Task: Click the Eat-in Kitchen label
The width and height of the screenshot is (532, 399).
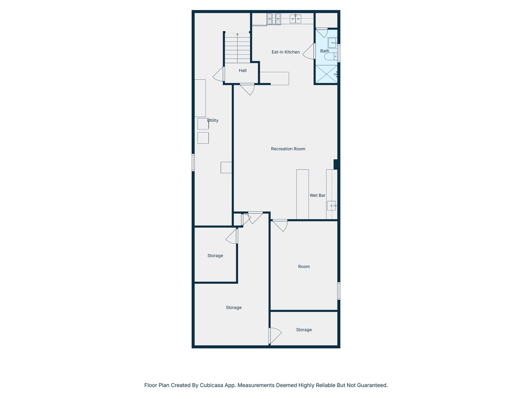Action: (x=286, y=52)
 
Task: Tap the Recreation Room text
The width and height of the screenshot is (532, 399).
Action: (x=288, y=149)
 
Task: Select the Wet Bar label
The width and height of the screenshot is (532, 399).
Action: (x=317, y=195)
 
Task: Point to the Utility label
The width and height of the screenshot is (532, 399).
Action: (x=213, y=120)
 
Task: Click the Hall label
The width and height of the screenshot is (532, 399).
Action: (x=243, y=71)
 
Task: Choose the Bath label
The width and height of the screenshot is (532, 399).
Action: (x=324, y=51)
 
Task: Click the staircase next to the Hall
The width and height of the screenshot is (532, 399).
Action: (x=238, y=48)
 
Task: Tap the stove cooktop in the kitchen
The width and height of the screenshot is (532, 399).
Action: (x=274, y=19)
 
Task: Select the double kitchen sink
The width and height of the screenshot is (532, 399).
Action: (x=295, y=19)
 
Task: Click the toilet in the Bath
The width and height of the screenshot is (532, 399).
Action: (x=330, y=57)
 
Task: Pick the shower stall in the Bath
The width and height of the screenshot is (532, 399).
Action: (x=326, y=74)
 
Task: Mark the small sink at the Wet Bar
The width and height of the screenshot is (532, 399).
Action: (x=331, y=205)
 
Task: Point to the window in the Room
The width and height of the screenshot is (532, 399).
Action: (x=339, y=291)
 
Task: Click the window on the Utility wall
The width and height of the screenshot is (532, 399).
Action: (x=193, y=162)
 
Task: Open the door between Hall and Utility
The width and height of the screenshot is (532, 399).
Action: (x=219, y=74)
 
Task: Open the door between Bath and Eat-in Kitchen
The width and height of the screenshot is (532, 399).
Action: (x=309, y=51)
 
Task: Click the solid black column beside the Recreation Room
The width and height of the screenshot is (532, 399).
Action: (x=336, y=164)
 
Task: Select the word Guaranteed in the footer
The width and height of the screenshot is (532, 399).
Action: (x=373, y=385)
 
